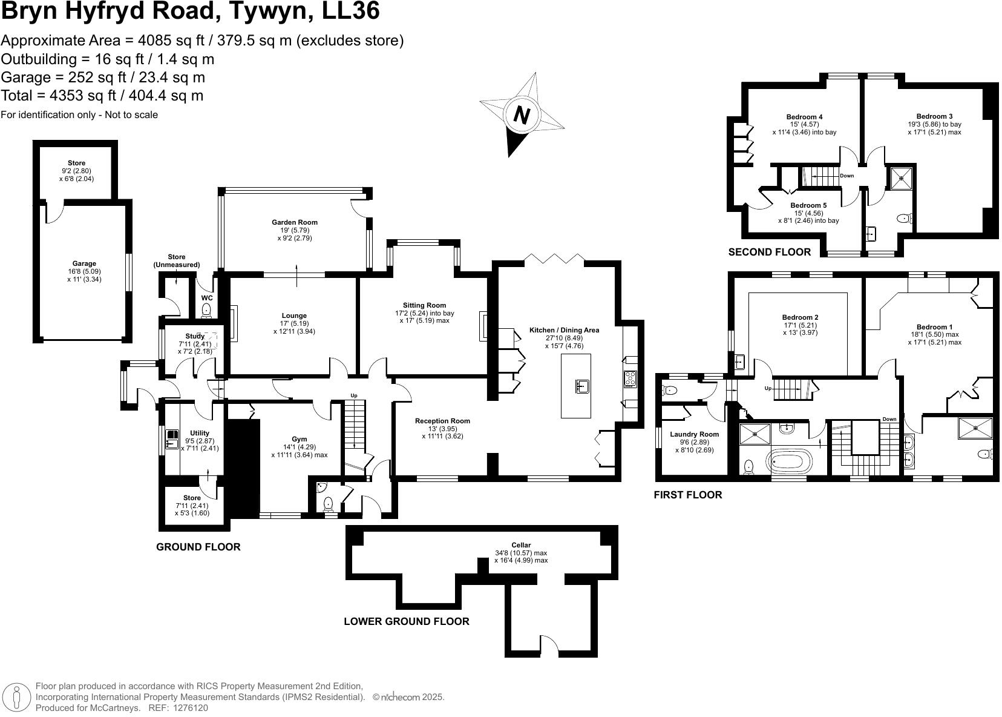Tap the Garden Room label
pyautogui.click(x=294, y=222)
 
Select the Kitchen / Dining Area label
pyautogui.click(x=564, y=330)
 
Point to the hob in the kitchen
pyautogui.click(x=630, y=379)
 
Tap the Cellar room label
pyautogui.click(x=520, y=545)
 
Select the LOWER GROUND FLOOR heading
pyautogui.click(x=406, y=621)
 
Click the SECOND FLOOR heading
pyautogui.click(x=769, y=252)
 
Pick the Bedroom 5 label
pyautogui.click(x=808, y=205)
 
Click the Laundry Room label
pyautogui.click(x=694, y=434)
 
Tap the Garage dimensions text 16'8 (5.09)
pyautogui.click(x=84, y=271)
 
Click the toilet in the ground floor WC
pyautogui.click(x=206, y=310)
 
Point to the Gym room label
pyautogui.click(x=299, y=439)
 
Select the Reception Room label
pyautogui.click(x=442, y=421)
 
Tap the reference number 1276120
pyautogui.click(x=191, y=707)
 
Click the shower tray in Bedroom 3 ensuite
pyautogui.click(x=902, y=177)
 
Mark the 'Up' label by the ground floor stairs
pyautogui.click(x=354, y=395)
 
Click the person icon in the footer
pyautogui.click(x=17, y=696)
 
